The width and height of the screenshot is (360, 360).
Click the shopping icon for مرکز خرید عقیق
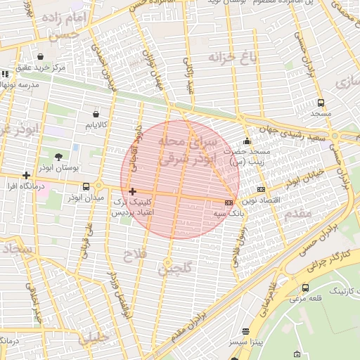coord(40,56)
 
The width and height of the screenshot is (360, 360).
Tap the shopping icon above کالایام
coord(96,113)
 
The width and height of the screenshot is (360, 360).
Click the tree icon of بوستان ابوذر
coord(58,157)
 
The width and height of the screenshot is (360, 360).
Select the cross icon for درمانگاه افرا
coord(27,175)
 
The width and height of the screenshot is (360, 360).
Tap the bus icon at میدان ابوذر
coord(86,186)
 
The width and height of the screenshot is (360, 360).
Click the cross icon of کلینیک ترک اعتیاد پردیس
coord(132,191)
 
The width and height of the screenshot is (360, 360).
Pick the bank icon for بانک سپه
coord(229,202)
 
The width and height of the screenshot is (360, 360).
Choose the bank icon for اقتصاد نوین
coord(261,189)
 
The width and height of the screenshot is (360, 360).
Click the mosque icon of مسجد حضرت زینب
coord(246,140)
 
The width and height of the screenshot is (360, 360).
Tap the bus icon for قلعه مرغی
coord(305,288)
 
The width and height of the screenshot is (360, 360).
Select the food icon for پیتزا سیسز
coord(245,331)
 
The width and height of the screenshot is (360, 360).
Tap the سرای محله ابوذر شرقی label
coord(179,150)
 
